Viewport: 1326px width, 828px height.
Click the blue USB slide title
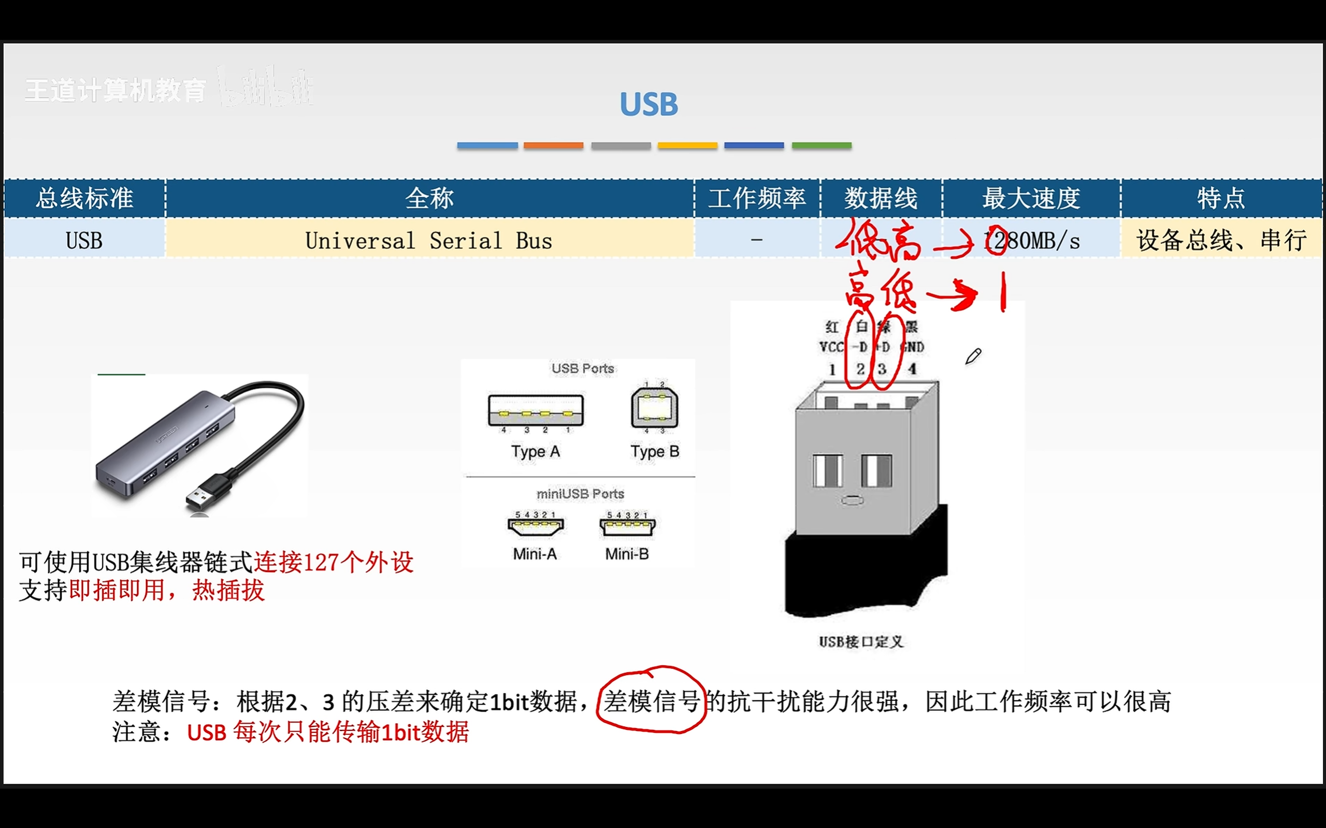coord(648,104)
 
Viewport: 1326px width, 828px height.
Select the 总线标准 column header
coord(84,198)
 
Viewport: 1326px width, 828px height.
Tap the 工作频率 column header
coord(757,198)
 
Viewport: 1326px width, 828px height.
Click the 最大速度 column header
coord(1031,198)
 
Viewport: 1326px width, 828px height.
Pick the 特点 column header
coord(1221,198)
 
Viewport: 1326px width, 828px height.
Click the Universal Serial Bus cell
coord(428,241)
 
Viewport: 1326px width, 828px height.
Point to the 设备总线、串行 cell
coord(1221,241)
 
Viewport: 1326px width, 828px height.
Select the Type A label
coord(536,452)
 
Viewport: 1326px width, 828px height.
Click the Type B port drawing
coord(654,408)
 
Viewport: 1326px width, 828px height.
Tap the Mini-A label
coord(535,554)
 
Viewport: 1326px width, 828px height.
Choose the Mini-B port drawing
coord(627,526)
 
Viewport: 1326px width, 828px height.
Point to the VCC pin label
coord(831,347)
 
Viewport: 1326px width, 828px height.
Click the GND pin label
coord(912,347)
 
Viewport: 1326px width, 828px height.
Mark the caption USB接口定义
coord(861,642)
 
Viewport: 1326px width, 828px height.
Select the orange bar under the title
coord(553,145)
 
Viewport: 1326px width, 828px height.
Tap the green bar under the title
coord(821,145)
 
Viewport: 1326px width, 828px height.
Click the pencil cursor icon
coord(973,357)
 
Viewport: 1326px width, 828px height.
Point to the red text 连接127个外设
coord(333,563)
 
